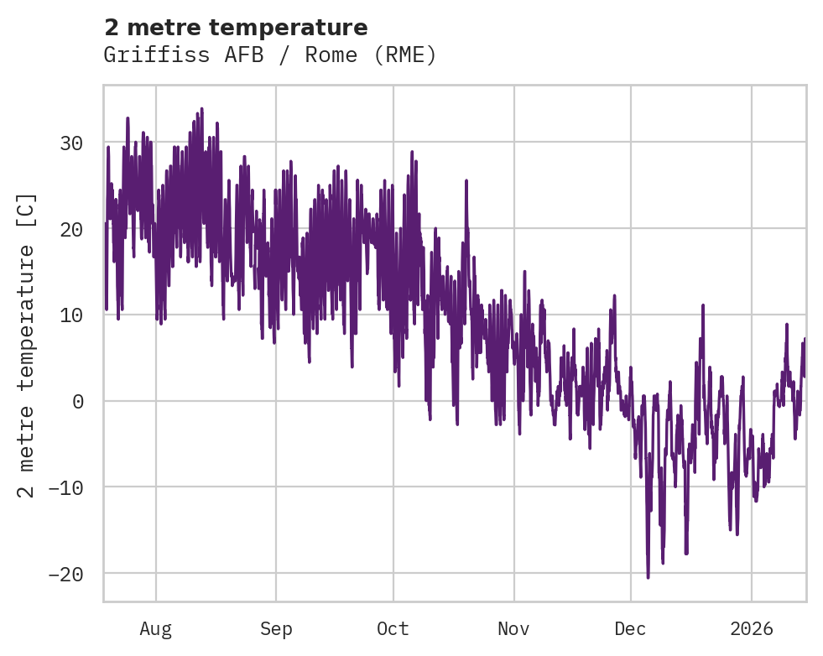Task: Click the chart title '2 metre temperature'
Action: click(x=236, y=28)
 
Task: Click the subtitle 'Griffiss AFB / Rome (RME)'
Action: click(x=270, y=55)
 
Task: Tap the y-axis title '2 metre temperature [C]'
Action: click(x=27, y=345)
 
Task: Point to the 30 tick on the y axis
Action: click(x=71, y=143)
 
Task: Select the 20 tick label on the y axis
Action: click(x=71, y=229)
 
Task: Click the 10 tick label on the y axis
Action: click(x=71, y=315)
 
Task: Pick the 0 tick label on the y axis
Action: click(x=77, y=401)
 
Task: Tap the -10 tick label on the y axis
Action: click(x=65, y=487)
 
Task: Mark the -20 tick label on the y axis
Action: click(x=65, y=574)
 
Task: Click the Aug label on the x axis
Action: click(x=155, y=629)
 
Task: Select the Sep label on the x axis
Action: click(x=275, y=629)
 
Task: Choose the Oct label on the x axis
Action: click(x=393, y=629)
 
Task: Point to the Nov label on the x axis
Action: click(x=513, y=629)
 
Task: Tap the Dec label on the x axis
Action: click(x=630, y=629)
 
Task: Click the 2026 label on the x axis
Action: click(x=751, y=629)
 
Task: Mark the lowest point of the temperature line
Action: click(x=648, y=577)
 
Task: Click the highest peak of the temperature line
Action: click(x=201, y=108)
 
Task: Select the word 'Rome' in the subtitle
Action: click(x=334, y=55)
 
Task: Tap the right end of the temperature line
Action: click(x=805, y=340)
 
